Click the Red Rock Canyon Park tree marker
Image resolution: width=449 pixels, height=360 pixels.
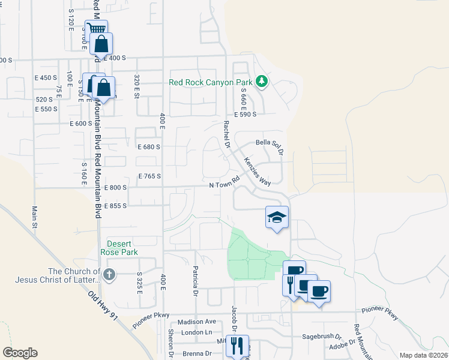pyautogui.click(x=261, y=81)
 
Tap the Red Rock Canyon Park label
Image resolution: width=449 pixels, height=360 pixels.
pyautogui.click(x=211, y=83)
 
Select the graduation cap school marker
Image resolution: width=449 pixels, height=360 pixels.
pyautogui.click(x=277, y=217)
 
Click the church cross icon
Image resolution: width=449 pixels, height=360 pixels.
pyautogui.click(x=108, y=275)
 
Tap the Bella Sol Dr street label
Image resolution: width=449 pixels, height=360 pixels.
pyautogui.click(x=269, y=143)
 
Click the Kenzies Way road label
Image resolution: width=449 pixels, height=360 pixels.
pyautogui.click(x=257, y=172)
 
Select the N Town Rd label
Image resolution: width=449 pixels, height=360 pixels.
pyautogui.click(x=224, y=182)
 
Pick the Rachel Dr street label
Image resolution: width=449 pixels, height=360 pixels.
pyautogui.click(x=226, y=133)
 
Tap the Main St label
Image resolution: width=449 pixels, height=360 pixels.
pyautogui.click(x=34, y=218)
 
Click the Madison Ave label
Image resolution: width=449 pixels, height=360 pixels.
pyautogui.click(x=196, y=322)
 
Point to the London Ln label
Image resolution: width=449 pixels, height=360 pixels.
pyautogui.click(x=197, y=332)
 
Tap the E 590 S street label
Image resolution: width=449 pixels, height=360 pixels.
pyautogui.click(x=245, y=114)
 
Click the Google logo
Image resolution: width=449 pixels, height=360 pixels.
pyautogui.click(x=20, y=352)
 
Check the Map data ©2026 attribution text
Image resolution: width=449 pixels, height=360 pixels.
pyautogui.click(x=423, y=355)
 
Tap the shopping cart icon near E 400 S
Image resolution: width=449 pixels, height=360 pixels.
pyautogui.click(x=97, y=29)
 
